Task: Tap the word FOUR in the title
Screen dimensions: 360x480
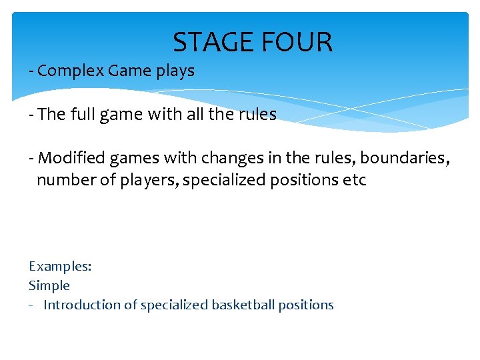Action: tap(299, 43)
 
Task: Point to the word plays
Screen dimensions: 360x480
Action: tap(175, 71)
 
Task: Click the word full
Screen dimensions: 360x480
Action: tap(81, 115)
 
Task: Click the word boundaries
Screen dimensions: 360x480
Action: tap(407, 159)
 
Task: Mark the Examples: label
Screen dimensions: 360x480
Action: tap(60, 266)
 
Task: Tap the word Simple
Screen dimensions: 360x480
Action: tap(49, 285)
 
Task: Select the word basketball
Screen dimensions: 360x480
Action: tap(243, 305)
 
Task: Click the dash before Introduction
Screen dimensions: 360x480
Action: tap(31, 305)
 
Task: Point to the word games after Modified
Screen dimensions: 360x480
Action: tap(123, 159)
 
